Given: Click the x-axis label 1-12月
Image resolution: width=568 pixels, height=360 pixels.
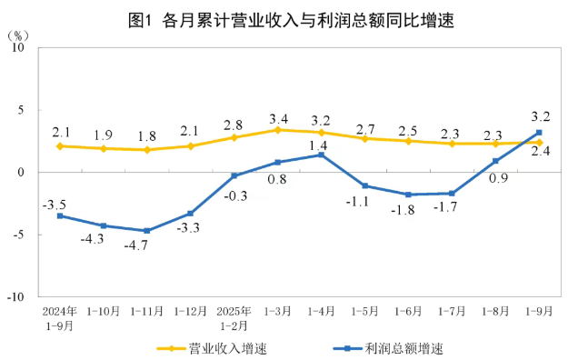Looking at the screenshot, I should click(x=191, y=311).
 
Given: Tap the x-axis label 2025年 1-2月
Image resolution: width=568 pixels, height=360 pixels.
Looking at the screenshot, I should click(x=234, y=316).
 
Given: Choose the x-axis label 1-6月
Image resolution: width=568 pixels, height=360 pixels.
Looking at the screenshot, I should click(x=408, y=311).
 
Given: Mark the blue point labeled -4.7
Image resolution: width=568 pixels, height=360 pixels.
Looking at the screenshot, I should click(x=147, y=231).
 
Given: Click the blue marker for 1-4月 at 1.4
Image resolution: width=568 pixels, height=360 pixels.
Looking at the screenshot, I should click(x=321, y=155).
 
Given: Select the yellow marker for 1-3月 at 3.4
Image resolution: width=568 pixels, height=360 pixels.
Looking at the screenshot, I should click(x=278, y=130).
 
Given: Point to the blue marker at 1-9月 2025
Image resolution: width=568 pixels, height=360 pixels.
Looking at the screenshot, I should click(x=539, y=133).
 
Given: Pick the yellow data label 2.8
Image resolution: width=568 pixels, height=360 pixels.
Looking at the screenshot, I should click(x=234, y=125).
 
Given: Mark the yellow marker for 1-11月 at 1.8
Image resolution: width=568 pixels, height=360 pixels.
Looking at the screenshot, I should click(x=147, y=150).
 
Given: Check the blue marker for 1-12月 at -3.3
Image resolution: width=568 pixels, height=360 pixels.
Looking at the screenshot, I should click(x=191, y=214).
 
